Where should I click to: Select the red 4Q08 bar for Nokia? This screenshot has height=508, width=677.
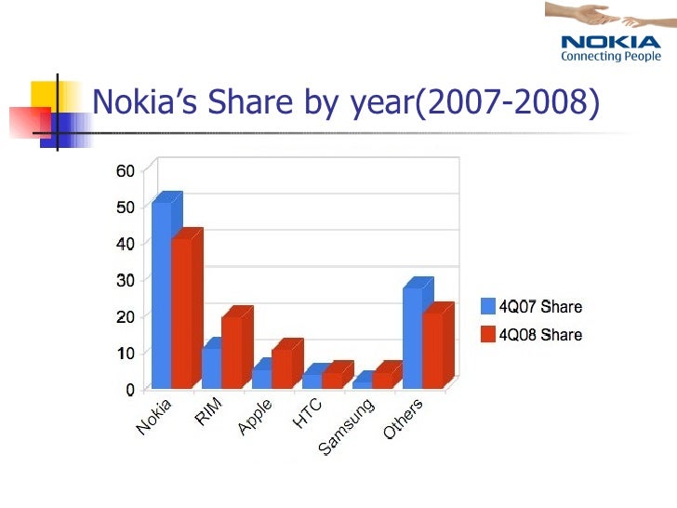pos(180,312)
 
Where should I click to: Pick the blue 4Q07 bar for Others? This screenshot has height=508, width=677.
pos(412,337)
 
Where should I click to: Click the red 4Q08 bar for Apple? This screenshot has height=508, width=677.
pos(281,367)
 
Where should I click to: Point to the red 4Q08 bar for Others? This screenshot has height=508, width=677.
pos(432,349)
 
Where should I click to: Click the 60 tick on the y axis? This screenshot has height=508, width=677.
pos(126,170)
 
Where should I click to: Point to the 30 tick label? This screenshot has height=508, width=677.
pos(126,279)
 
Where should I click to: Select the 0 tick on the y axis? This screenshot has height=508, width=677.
pos(130,389)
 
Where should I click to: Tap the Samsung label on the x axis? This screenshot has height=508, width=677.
pos(346,427)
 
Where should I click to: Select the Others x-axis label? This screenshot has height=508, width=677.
pos(404,420)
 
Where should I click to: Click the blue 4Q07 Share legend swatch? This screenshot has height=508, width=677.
pos(488,306)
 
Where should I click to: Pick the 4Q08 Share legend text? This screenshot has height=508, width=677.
pos(542,334)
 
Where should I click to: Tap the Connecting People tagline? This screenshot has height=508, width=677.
pos(610,56)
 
